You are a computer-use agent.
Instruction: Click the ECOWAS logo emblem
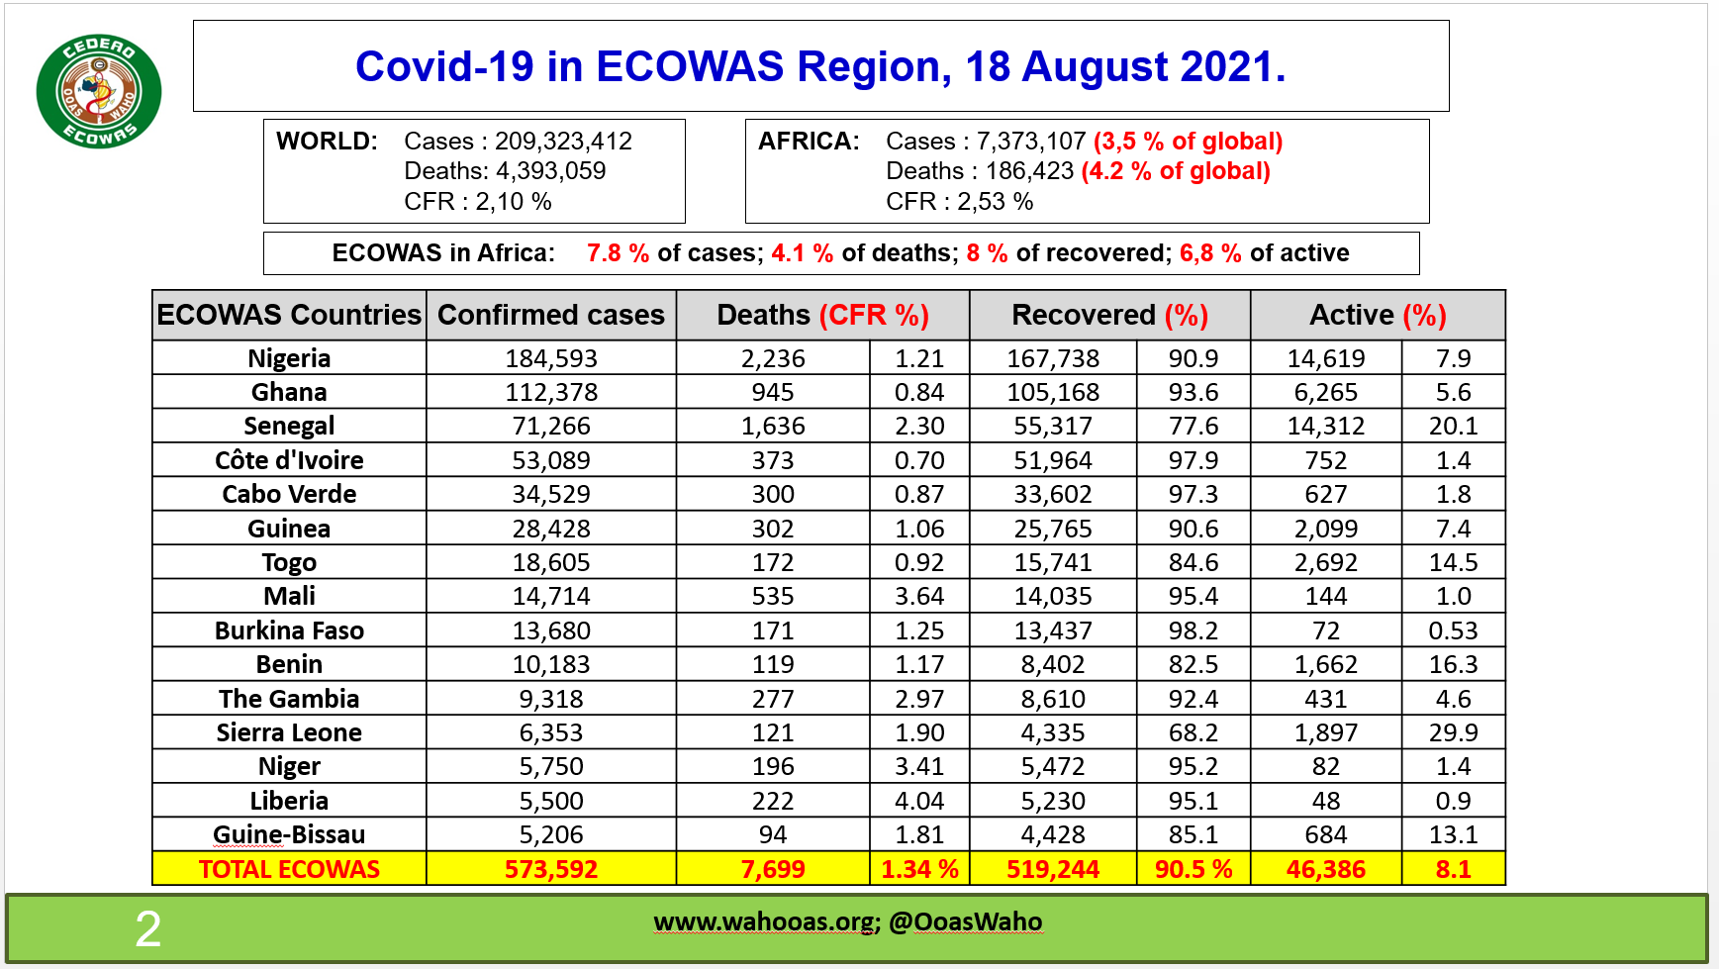(98, 92)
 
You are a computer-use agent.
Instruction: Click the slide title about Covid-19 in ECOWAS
(819, 66)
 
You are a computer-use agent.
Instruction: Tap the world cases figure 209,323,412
(563, 142)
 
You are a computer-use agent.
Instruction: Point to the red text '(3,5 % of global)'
(1188, 142)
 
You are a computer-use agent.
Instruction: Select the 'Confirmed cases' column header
(550, 315)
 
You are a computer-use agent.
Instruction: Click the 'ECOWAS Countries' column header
(289, 315)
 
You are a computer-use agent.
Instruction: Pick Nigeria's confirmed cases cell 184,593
(551, 358)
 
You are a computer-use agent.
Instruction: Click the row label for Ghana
(289, 392)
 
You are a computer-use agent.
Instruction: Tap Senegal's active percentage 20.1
(1453, 427)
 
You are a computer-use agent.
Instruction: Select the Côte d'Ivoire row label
(289, 460)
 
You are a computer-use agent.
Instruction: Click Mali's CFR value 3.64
(919, 596)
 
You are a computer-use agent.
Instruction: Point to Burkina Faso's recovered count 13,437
(1053, 630)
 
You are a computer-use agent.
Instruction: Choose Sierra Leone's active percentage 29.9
(1453, 732)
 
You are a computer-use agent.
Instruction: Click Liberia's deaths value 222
(772, 801)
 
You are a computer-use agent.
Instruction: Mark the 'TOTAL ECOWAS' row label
(289, 869)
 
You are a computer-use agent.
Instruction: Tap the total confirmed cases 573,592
(551, 869)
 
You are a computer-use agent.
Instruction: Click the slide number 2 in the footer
(147, 929)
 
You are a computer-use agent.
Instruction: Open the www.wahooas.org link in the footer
(764, 922)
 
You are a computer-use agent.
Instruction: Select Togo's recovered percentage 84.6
(1193, 562)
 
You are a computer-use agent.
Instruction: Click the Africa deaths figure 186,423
(1029, 171)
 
